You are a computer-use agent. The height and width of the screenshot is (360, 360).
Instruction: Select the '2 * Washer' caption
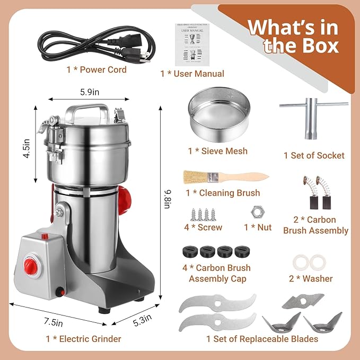click(x=311, y=278)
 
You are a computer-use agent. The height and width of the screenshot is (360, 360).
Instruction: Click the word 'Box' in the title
click(x=317, y=46)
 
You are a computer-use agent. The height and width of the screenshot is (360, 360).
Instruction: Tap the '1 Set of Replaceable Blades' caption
click(x=262, y=339)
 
